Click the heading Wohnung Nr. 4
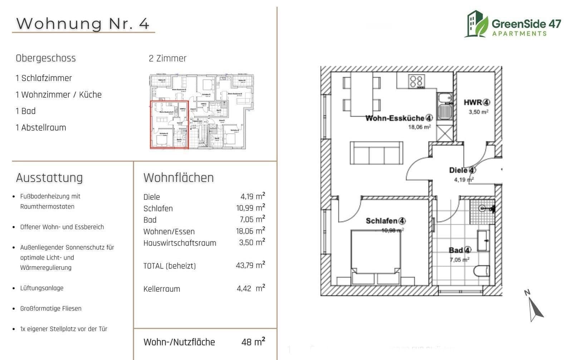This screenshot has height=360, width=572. [83, 24]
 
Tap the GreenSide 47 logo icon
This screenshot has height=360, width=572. [476, 24]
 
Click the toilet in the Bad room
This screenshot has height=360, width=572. [483, 271]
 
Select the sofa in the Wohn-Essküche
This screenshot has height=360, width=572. [376, 153]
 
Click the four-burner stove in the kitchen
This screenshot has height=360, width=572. [416, 81]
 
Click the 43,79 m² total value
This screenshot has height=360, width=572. [250, 266]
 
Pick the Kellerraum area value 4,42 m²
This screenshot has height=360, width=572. [250, 288]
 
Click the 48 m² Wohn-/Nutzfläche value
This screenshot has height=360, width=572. [253, 342]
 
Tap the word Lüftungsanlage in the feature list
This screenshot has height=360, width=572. [42, 288]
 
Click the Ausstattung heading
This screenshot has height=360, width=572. [49, 178]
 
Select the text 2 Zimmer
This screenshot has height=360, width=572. [167, 58]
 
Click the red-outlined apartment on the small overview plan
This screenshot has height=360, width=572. [169, 125]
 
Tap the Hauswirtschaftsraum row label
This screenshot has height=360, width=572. [180, 243]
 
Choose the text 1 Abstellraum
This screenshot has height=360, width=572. [41, 128]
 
